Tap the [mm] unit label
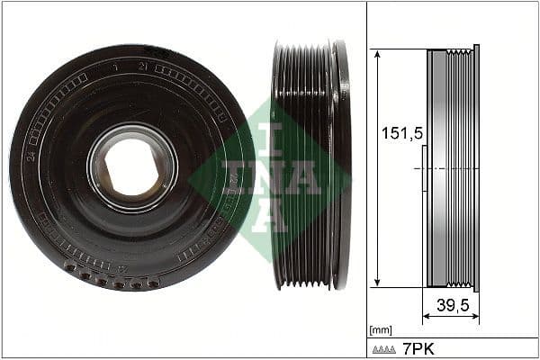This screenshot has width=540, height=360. point(381,329)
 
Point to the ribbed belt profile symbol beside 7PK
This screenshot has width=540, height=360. point(385,347)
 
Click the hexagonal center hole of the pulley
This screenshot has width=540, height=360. point(133,167)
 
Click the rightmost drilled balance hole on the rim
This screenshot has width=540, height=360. point(154,283)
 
